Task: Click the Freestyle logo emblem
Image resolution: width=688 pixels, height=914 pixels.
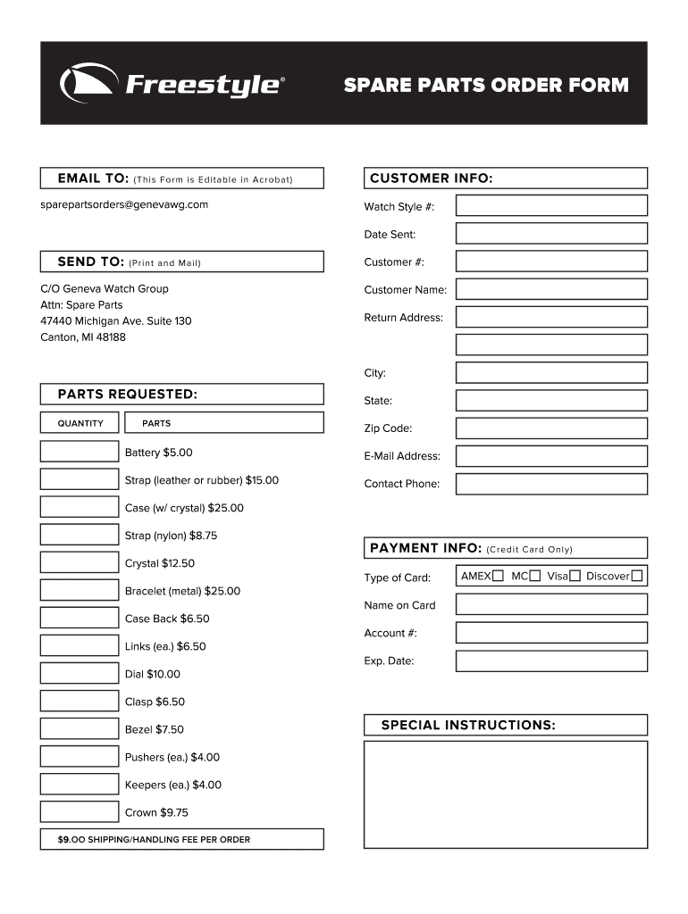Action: click(88, 84)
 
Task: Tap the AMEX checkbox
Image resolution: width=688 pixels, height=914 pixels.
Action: click(498, 576)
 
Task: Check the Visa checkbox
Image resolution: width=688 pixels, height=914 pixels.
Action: click(575, 576)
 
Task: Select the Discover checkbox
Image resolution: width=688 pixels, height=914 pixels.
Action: click(636, 576)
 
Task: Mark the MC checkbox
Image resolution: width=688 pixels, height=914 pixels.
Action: click(534, 576)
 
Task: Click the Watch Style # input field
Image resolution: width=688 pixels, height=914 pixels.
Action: click(551, 206)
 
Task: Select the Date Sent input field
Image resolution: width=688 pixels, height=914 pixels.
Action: click(551, 234)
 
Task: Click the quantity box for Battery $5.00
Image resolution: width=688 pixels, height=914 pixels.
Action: click(80, 452)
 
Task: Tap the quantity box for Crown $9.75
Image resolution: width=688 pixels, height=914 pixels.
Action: click(80, 811)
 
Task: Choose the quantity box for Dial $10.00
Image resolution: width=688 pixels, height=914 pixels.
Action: click(80, 673)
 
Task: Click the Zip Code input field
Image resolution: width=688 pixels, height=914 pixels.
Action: click(551, 428)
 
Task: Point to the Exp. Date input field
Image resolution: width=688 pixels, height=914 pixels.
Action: click(551, 661)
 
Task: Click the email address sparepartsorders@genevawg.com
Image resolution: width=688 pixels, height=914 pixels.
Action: click(124, 204)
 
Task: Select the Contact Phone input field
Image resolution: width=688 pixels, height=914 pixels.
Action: click(551, 483)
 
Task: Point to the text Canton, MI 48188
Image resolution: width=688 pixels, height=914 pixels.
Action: click(83, 337)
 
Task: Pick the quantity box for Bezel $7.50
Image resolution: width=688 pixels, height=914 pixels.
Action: click(80, 728)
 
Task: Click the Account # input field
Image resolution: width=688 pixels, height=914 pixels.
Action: click(551, 633)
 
